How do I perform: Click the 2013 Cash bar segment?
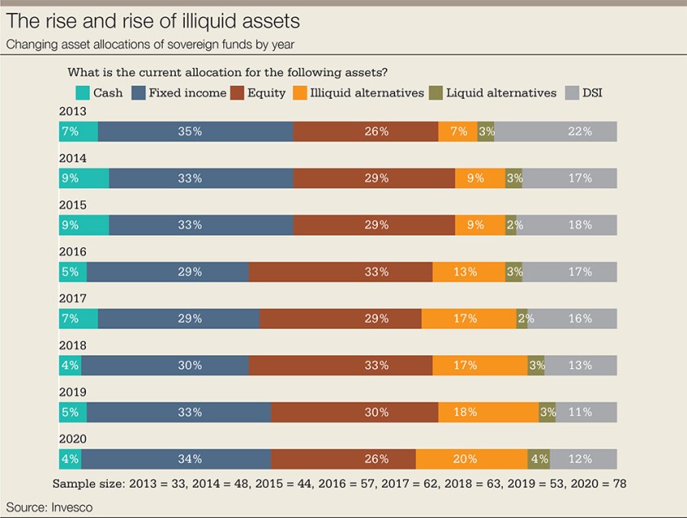79,132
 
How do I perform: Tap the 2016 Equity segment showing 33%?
340,273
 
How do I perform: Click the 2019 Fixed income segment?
179,412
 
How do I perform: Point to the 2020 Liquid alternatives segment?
538,459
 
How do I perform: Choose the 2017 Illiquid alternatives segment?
469,319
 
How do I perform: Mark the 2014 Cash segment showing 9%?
83,178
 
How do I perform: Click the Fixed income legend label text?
187,93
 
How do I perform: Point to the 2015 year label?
73,205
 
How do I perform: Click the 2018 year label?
73,346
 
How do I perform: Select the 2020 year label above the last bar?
73,439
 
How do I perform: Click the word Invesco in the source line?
70,507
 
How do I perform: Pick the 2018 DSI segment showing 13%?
581,366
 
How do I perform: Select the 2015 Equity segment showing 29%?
374,225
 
